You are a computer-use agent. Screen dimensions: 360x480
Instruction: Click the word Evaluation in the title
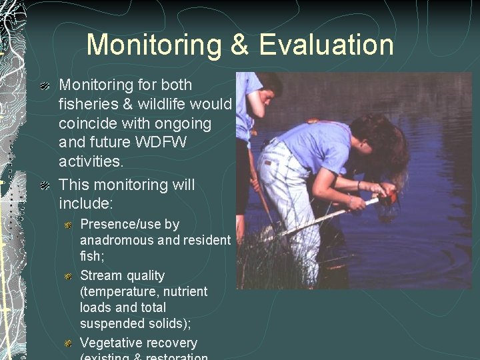pos(326,45)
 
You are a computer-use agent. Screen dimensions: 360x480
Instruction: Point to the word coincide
pos(89,124)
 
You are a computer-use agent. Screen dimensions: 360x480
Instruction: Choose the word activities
pos(91,162)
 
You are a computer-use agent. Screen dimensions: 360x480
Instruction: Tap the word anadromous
pos(115,240)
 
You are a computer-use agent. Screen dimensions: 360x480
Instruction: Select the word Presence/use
pos(129,225)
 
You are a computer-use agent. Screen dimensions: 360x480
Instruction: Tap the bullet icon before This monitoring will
pos(44,185)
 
